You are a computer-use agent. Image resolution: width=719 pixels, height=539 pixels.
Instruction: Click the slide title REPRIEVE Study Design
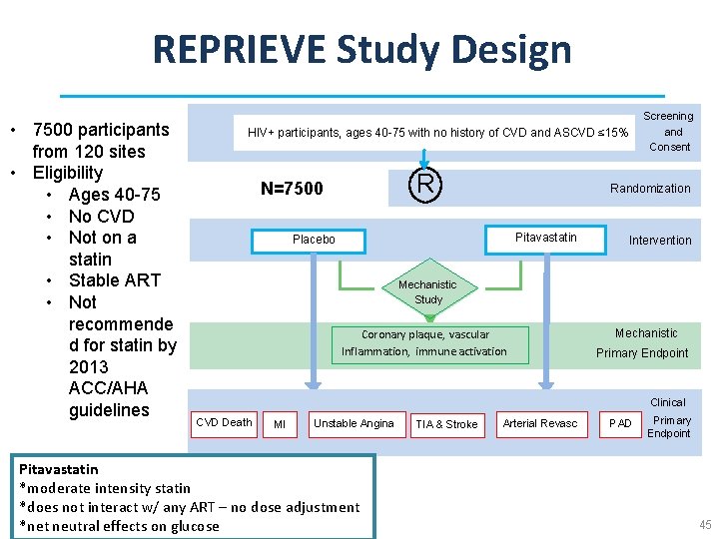[x=361, y=49]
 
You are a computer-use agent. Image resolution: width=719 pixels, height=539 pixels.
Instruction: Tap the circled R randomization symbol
[x=425, y=184]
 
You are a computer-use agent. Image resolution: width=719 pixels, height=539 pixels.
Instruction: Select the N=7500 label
[x=292, y=189]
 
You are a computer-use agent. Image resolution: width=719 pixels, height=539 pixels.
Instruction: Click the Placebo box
[x=314, y=241]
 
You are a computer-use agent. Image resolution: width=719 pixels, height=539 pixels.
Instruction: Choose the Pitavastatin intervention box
[x=545, y=238]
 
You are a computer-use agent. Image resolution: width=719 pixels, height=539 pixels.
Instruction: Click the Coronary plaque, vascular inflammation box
[x=424, y=343]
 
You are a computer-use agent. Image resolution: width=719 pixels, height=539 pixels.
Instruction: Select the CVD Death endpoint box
[x=224, y=423]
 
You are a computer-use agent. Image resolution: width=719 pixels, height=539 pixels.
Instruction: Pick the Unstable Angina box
[x=354, y=424]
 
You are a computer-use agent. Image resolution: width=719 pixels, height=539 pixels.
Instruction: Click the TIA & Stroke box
[x=446, y=425]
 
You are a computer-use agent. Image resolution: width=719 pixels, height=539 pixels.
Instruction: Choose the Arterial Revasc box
[x=540, y=424]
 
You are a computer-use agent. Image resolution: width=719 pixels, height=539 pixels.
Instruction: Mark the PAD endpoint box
[x=621, y=424]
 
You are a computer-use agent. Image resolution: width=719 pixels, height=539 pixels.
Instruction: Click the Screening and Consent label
[x=669, y=132]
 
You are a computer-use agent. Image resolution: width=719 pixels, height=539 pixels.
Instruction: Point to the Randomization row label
[x=650, y=189]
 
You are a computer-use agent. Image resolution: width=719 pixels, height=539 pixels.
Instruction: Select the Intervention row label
[x=659, y=241]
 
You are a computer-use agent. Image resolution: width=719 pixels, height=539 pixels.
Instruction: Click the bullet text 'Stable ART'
[x=114, y=280]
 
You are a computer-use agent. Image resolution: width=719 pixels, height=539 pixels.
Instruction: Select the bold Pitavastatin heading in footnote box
[x=59, y=469]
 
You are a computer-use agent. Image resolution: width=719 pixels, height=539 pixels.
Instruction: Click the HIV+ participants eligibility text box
[x=437, y=133]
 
